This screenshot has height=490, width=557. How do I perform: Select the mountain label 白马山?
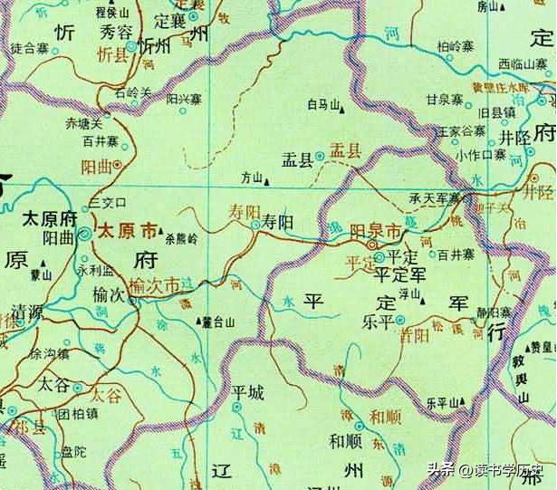(x=323, y=106)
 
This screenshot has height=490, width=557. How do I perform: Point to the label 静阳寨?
(x=494, y=312)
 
